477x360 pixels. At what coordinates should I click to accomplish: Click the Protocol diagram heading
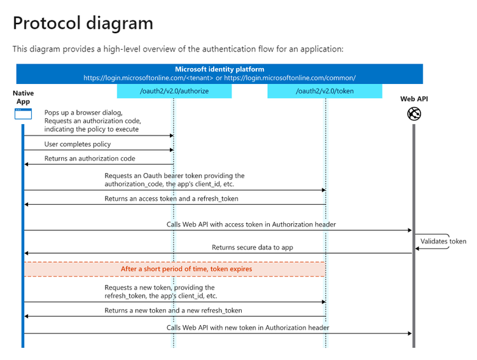click(83, 24)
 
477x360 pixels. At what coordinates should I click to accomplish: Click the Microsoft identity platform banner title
click(219, 69)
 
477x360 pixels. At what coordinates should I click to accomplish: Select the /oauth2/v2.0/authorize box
click(174, 92)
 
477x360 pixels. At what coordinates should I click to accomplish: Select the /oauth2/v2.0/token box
click(324, 92)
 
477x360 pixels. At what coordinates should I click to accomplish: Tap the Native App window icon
click(23, 114)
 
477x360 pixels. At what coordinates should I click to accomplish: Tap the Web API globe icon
click(414, 114)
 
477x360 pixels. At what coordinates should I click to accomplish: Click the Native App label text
click(23, 97)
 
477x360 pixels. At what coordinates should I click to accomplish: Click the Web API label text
click(414, 99)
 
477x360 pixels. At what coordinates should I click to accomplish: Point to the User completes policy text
click(78, 144)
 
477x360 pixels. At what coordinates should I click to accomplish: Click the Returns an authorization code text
click(90, 158)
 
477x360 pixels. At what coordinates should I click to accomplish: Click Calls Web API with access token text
click(251, 224)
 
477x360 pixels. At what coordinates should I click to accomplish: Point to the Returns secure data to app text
click(252, 247)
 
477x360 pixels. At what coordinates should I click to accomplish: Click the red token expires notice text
click(186, 269)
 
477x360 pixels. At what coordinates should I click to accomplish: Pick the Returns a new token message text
click(173, 310)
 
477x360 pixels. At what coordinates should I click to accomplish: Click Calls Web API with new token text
click(248, 328)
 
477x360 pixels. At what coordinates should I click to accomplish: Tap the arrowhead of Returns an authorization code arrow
click(27, 165)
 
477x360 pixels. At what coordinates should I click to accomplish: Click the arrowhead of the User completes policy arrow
click(171, 150)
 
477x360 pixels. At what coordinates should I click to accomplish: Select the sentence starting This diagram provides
click(177, 49)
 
